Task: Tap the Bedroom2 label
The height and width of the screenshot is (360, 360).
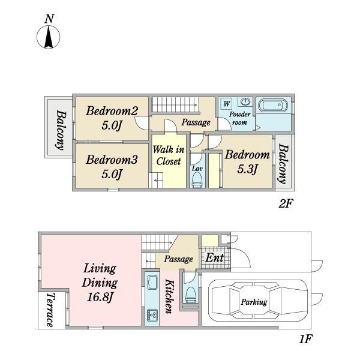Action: coord(112,111)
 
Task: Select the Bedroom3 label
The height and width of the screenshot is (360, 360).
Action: coord(112,160)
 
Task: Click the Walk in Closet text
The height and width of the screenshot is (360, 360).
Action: coord(169,155)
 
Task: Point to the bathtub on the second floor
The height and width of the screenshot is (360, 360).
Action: coord(272,105)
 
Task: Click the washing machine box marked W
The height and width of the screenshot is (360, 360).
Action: coord(226,104)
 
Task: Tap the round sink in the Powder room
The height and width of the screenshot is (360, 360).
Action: coord(245,101)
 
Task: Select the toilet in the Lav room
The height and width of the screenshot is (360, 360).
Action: coord(197,179)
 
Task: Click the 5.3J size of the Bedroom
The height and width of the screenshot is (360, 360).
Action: coord(247,169)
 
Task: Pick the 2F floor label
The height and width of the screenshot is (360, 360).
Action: coord(286,203)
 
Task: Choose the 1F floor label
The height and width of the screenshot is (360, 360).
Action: coord(306,339)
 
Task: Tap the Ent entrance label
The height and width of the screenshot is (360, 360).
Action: coord(214,258)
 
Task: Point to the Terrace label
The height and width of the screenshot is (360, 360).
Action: coord(51,310)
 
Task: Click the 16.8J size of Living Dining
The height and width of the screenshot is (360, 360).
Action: coord(100,297)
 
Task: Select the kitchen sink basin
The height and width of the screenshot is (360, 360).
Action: coord(152,283)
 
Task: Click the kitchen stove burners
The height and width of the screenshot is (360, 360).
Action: coord(152,314)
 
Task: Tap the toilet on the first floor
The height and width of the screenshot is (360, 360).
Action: coord(191,295)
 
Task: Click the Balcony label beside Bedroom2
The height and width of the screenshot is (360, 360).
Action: coord(61,130)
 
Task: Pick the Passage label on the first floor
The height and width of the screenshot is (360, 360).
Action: coord(178,259)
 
